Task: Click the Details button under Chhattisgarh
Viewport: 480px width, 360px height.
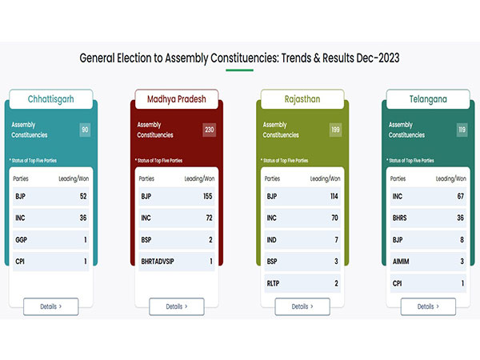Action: pyautogui.click(x=51, y=306)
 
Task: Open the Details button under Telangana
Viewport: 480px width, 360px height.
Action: pyautogui.click(x=428, y=306)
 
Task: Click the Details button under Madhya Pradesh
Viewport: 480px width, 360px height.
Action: pyautogui.click(x=177, y=306)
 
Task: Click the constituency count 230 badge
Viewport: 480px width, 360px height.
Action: pyautogui.click(x=209, y=130)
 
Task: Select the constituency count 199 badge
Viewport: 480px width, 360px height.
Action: pyautogui.click(x=334, y=130)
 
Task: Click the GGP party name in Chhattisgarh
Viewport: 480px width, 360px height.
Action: pyautogui.click(x=22, y=239)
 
